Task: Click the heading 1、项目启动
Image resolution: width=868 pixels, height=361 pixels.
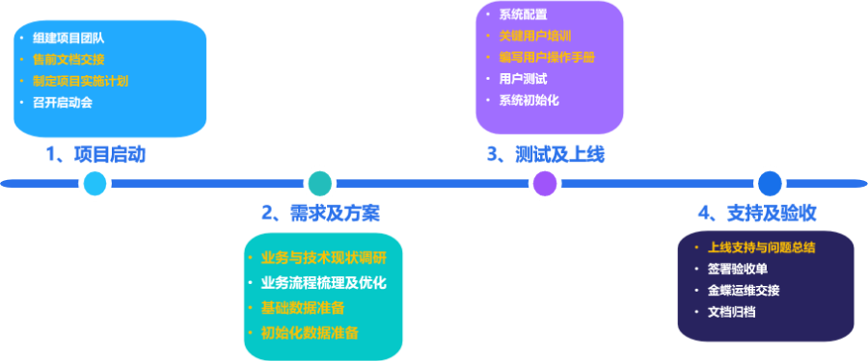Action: click(x=95, y=154)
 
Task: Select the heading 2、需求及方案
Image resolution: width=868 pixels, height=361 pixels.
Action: click(x=320, y=214)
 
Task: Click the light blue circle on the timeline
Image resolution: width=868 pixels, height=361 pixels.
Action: click(x=95, y=183)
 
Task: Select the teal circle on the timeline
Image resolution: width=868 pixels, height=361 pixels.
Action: click(x=320, y=183)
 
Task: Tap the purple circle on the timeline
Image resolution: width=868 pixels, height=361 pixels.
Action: click(x=545, y=183)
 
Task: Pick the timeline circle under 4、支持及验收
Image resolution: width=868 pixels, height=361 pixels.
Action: click(x=770, y=183)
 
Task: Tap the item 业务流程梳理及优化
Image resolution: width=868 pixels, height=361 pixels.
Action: click(x=323, y=283)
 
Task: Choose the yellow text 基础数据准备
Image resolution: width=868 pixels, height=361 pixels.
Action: click(x=303, y=308)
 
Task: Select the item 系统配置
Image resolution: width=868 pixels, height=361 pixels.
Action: click(x=522, y=15)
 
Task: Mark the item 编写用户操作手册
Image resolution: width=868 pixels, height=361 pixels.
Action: click(x=547, y=58)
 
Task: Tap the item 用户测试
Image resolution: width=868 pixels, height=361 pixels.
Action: click(x=522, y=79)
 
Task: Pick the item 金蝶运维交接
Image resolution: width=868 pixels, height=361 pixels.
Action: click(x=743, y=291)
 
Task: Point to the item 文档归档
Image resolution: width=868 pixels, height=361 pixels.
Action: click(x=730, y=312)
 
